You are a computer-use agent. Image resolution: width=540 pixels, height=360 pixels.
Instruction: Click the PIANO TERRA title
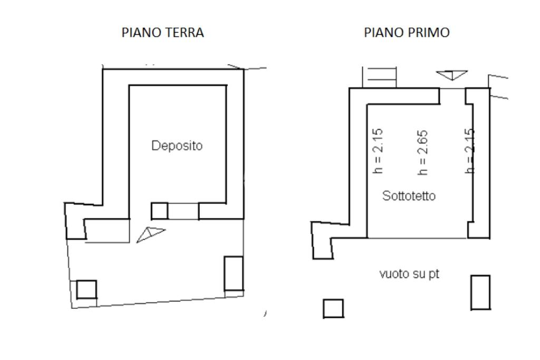pyautogui.click(x=162, y=33)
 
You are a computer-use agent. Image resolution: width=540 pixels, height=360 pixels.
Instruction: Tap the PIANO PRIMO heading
pyautogui.click(x=407, y=33)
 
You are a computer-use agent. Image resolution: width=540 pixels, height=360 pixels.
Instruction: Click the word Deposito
pyautogui.click(x=177, y=145)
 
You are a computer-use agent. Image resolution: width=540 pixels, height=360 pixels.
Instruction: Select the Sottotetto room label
pyautogui.click(x=409, y=196)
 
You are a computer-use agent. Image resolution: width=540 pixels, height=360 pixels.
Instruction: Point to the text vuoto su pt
pyautogui.click(x=409, y=274)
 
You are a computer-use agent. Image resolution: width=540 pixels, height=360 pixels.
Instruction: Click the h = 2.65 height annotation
pyautogui.click(x=422, y=152)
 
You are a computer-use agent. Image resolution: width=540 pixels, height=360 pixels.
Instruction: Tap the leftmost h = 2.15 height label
pyautogui.click(x=378, y=151)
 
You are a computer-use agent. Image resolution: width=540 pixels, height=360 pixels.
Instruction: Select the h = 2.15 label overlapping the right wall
pyautogui.click(x=469, y=151)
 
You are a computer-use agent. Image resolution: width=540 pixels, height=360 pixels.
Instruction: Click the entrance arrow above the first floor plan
pyautogui.click(x=451, y=74)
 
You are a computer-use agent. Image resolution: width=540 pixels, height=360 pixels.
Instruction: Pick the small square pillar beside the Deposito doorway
pyautogui.click(x=159, y=211)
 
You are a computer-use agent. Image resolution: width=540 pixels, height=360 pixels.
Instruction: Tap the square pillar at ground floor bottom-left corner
pyautogui.click(x=86, y=289)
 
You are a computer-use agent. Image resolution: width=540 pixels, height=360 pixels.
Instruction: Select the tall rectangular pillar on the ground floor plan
pyautogui.click(x=234, y=274)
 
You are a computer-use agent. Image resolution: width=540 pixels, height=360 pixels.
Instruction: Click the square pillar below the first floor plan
pyautogui.click(x=333, y=308)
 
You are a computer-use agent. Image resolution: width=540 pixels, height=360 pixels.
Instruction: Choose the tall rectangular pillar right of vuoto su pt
pyautogui.click(x=480, y=292)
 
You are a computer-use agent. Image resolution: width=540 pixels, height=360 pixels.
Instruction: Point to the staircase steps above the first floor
pyautogui.click(x=380, y=77)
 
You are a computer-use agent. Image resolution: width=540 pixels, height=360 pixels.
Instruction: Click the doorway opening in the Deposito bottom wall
pyautogui.click(x=183, y=211)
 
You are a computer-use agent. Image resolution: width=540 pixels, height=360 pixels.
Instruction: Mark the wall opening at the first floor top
pyautogui.click(x=452, y=89)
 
